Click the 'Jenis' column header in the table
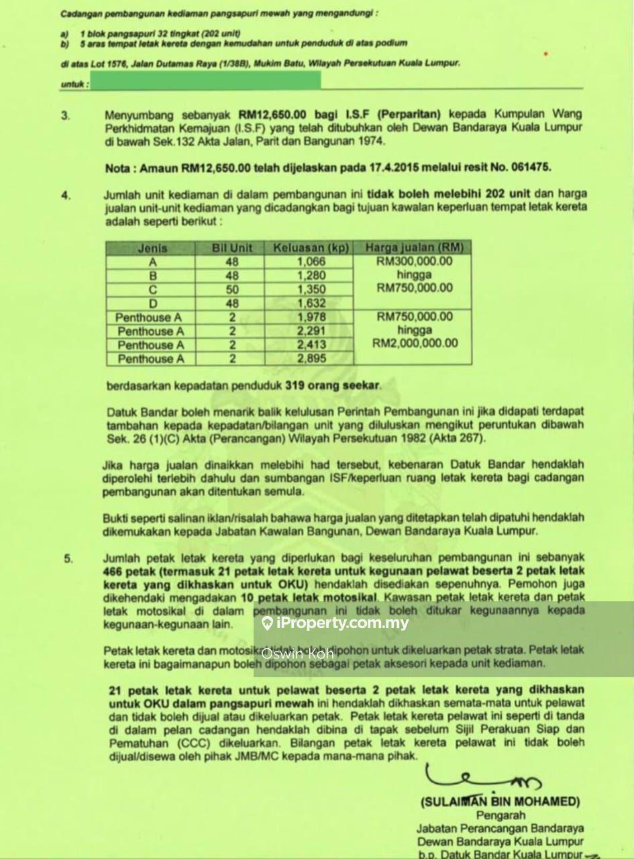click(x=152, y=248)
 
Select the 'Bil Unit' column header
click(x=232, y=248)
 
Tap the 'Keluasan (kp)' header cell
click(x=311, y=248)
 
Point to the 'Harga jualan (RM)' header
click(x=414, y=248)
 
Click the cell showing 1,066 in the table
click(x=311, y=262)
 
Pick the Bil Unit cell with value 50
click(x=232, y=289)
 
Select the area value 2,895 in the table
click(x=311, y=359)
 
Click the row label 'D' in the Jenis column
click(x=152, y=303)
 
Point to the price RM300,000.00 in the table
click(x=415, y=261)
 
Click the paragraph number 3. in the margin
click(x=65, y=115)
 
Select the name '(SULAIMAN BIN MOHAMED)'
click(x=499, y=801)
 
